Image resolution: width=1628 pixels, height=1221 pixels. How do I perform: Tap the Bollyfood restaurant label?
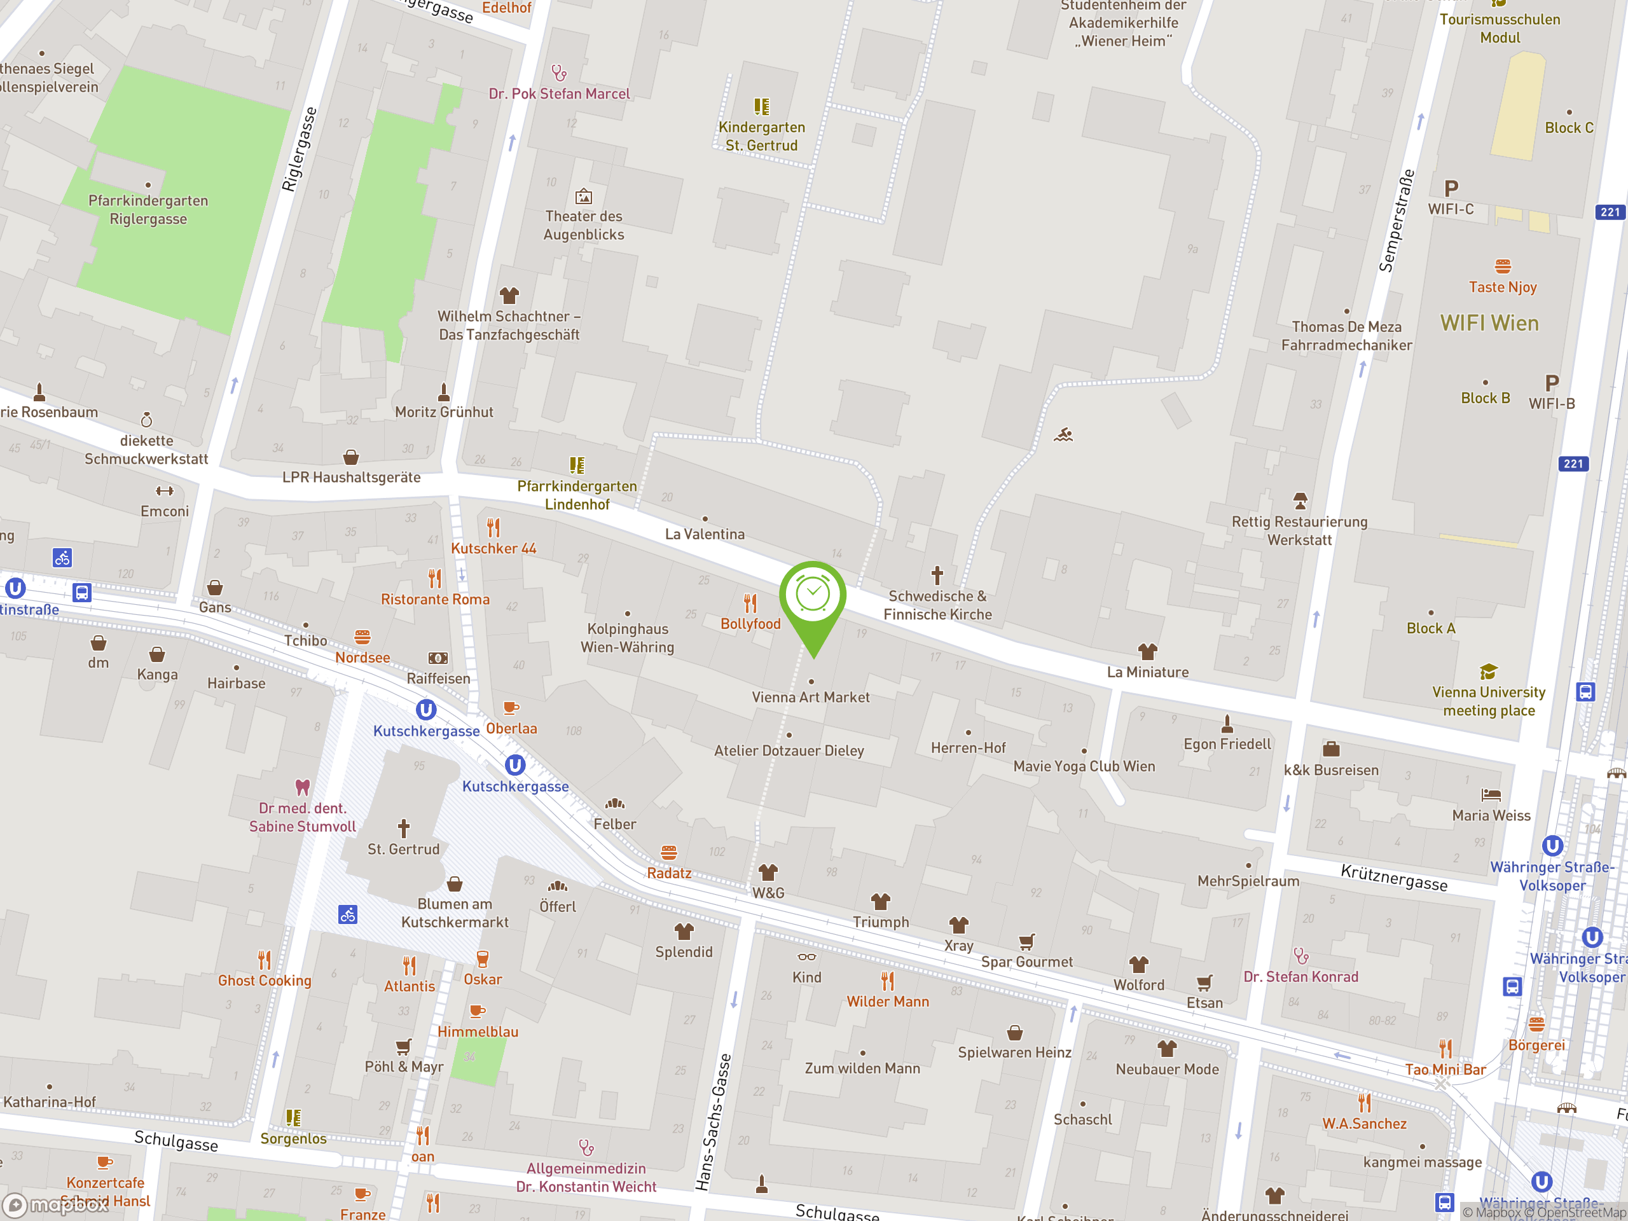click(750, 623)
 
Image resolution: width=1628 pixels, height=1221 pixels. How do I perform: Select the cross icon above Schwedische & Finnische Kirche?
click(937, 574)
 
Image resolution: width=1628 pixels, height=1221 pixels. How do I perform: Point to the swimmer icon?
click(1063, 435)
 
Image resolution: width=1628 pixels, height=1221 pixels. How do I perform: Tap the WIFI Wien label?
click(1489, 323)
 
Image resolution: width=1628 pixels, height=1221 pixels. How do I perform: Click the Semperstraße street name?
click(1396, 221)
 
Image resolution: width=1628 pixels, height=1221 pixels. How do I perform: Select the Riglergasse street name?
click(300, 149)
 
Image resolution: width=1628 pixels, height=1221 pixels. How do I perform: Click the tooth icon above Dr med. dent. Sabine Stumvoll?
click(302, 787)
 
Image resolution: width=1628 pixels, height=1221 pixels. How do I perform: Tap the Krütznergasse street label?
click(1393, 878)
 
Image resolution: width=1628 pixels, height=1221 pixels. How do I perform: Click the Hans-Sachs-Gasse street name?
click(713, 1122)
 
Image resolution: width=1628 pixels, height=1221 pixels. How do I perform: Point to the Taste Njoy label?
click(1502, 287)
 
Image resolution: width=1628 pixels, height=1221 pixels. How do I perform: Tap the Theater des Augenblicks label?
click(584, 225)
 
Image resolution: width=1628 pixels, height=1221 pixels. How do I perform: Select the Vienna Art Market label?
click(810, 697)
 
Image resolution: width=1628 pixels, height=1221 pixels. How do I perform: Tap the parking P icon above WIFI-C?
click(1451, 188)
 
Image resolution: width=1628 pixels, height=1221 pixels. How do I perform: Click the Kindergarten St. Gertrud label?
click(761, 136)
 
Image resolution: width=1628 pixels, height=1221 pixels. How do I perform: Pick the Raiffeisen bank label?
click(438, 678)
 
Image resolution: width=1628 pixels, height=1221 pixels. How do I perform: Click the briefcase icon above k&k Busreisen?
click(1330, 749)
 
